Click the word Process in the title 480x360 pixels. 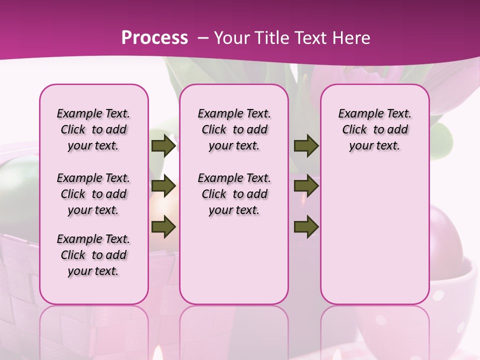coord(154,37)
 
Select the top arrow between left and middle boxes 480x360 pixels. coord(163,146)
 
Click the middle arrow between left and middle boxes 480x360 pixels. coord(163,186)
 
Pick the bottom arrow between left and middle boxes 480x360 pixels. coord(163,227)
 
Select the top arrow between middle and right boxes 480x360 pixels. coord(306,146)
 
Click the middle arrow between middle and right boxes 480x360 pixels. coord(306,186)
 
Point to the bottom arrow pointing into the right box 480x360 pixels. coord(306,227)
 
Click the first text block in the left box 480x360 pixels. coord(93,129)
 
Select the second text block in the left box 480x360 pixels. coord(93,194)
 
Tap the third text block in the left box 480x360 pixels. coord(93,255)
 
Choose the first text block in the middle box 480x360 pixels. coord(234,129)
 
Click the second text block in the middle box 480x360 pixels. coord(234,194)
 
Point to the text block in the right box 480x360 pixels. coord(375,129)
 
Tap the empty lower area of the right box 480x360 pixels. coord(375,235)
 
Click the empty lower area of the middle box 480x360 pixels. coord(234,260)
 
